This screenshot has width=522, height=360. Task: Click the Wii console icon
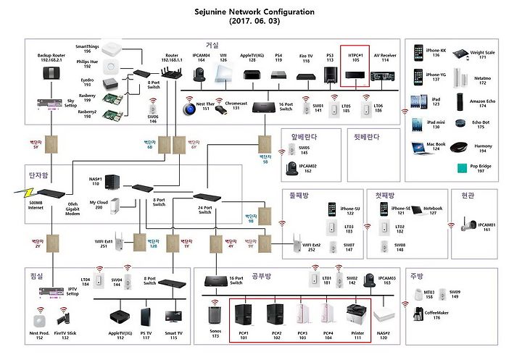point(224,71)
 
